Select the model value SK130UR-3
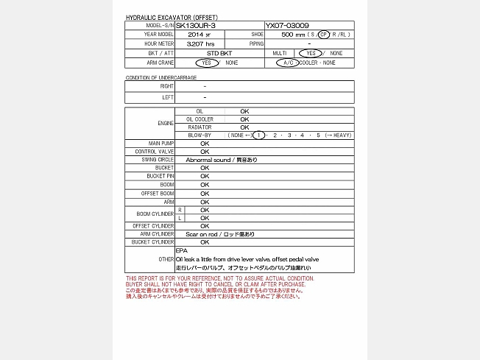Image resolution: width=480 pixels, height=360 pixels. click(x=196, y=25)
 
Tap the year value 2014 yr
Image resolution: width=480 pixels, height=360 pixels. click(x=199, y=35)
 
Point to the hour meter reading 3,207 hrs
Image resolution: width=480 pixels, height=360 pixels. click(x=200, y=44)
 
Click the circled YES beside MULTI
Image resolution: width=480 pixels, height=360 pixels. click(x=310, y=54)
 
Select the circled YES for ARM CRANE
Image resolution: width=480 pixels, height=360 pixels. click(x=207, y=63)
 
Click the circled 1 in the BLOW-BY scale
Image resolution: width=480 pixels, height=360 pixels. click(x=258, y=135)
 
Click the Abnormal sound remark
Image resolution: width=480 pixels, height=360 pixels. click(x=221, y=160)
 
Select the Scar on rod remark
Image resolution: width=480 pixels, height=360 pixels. click(x=219, y=234)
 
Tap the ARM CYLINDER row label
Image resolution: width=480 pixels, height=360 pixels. click(x=158, y=234)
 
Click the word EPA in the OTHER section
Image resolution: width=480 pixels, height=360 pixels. click(x=182, y=251)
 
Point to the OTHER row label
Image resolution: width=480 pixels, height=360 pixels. click(x=166, y=260)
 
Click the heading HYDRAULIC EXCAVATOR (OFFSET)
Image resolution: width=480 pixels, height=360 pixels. click(x=172, y=17)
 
